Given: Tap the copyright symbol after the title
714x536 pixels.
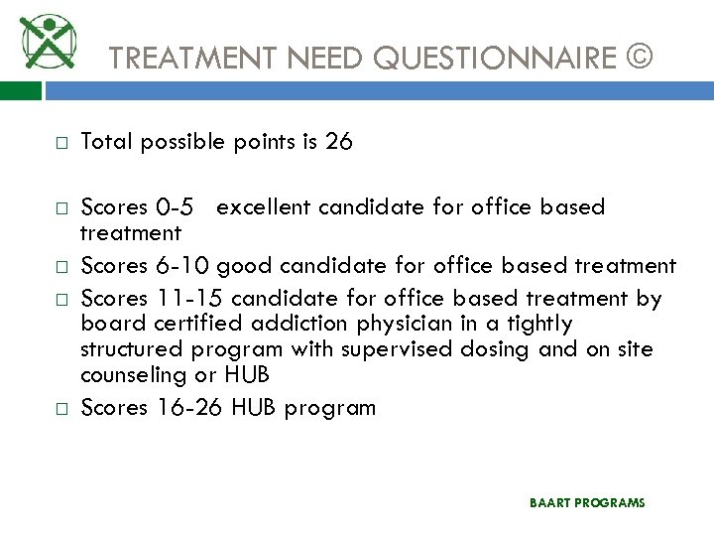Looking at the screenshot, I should tap(640, 57).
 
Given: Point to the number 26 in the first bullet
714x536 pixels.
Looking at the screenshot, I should tap(338, 142).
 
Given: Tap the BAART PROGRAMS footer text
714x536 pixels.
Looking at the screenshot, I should tap(587, 503).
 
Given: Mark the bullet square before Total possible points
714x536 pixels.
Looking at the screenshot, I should tap(59, 143).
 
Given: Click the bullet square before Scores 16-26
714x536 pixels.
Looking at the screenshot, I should tap(59, 408).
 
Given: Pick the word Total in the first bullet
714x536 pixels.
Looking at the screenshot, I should tap(106, 142).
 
